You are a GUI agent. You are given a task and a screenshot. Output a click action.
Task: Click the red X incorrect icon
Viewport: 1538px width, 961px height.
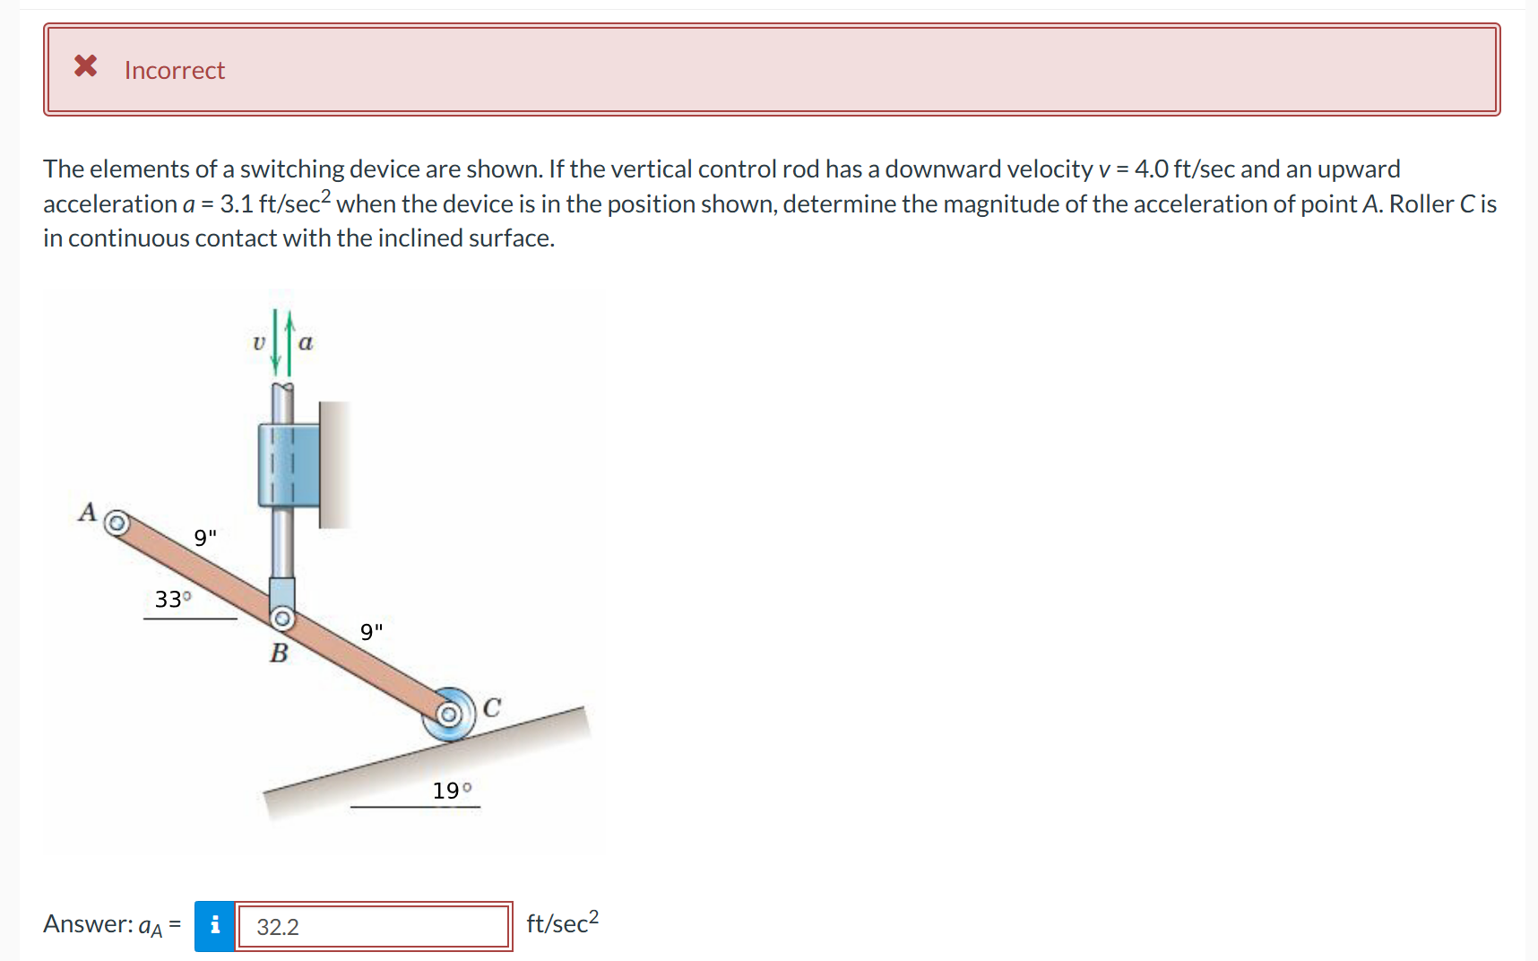[85, 65]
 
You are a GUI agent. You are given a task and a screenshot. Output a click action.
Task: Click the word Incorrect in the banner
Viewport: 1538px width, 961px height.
[175, 70]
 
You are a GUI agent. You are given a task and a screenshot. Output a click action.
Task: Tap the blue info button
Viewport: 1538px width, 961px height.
[215, 925]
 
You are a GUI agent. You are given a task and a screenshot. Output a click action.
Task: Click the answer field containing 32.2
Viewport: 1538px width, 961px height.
[373, 926]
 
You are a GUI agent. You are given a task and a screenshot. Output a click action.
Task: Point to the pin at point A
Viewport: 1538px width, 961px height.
[117, 523]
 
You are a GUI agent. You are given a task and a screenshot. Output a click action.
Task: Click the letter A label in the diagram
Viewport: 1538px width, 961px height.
[87, 512]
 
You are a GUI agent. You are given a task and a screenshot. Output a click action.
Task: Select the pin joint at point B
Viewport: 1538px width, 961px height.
[282, 619]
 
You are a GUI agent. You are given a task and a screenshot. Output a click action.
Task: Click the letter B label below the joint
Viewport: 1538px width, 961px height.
[279, 653]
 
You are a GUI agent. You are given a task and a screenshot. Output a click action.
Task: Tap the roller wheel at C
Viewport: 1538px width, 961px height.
[449, 714]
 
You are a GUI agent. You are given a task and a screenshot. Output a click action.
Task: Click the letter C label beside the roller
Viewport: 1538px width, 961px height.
[492, 708]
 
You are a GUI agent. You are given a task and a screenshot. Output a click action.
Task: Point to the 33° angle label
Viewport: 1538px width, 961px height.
[172, 599]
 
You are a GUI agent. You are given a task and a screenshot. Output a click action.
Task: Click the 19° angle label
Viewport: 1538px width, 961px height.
[452, 791]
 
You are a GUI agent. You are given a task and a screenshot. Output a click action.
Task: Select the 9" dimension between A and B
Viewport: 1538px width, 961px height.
[205, 537]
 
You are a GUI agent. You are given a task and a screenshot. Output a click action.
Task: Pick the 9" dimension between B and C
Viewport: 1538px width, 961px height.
[371, 631]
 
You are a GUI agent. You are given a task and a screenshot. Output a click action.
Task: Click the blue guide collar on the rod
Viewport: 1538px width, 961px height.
[288, 464]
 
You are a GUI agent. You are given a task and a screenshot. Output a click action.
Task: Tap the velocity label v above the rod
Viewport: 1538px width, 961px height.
[259, 342]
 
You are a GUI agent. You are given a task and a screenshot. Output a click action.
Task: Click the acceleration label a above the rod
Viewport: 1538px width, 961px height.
[306, 342]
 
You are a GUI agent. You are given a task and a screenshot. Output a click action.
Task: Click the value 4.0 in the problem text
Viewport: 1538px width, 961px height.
[1152, 169]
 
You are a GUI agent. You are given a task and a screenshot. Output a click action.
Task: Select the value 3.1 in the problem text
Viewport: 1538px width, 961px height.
[237, 204]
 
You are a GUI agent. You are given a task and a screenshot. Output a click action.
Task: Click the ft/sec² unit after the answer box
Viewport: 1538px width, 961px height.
[562, 922]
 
